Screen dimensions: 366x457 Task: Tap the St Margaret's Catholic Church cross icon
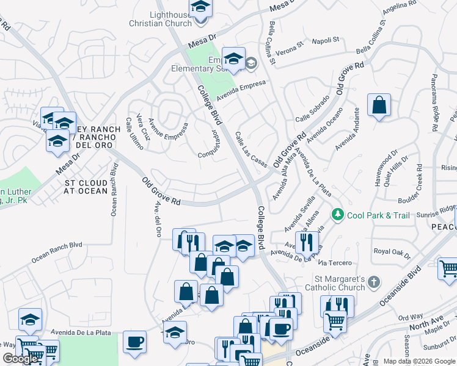tap(375, 282)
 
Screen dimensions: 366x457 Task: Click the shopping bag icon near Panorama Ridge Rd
tap(379, 105)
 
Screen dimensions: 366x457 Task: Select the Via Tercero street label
tap(335, 263)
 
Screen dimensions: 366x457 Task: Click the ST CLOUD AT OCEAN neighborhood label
tap(86, 187)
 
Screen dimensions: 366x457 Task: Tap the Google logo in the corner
tap(20, 359)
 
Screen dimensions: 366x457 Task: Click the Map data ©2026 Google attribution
tap(418, 361)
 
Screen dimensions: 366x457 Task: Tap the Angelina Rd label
tap(400, 12)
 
